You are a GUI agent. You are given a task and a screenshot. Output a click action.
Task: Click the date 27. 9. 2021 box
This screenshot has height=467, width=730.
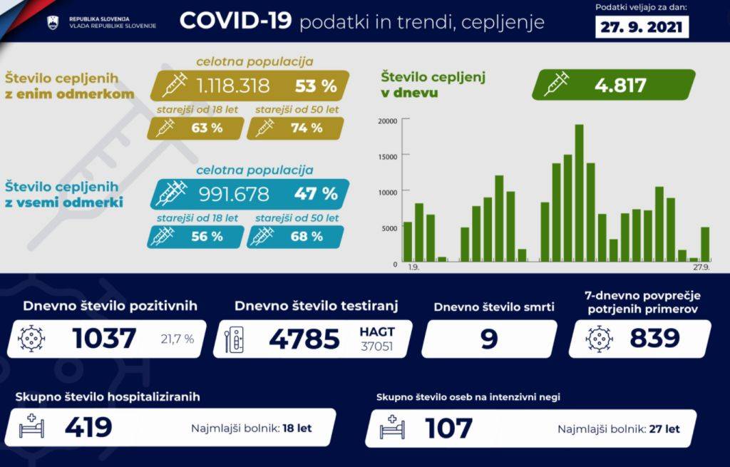pos(642,27)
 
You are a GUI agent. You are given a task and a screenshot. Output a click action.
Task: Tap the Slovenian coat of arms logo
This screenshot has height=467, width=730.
pos(53,23)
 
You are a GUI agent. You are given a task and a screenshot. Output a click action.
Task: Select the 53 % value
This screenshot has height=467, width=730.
pos(316,86)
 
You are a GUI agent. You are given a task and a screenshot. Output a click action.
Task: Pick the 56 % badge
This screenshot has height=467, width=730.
pos(207,236)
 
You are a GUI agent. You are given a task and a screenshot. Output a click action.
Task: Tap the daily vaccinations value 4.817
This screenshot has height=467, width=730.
pos(620,86)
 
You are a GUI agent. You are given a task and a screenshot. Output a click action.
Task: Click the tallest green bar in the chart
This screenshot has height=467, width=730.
pos(579,193)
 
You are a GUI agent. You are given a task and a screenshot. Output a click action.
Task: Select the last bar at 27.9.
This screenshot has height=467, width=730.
pos(705,244)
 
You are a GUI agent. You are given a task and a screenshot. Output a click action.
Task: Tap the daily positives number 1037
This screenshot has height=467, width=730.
pos(104,339)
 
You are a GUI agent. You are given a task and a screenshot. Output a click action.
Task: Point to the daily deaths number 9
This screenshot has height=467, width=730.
pos(488,339)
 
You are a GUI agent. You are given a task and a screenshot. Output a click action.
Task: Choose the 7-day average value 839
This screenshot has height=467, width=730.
pos(654,339)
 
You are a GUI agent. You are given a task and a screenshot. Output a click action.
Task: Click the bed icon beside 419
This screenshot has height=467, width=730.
pos(33,428)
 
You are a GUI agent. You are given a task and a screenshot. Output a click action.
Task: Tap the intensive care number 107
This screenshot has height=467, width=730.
pos(448,428)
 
